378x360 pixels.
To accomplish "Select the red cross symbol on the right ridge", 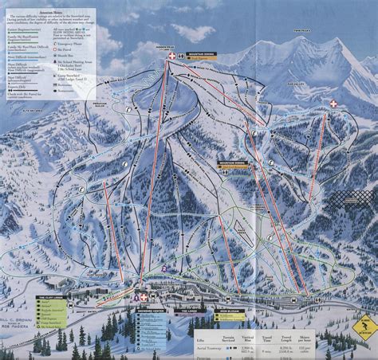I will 333,104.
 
